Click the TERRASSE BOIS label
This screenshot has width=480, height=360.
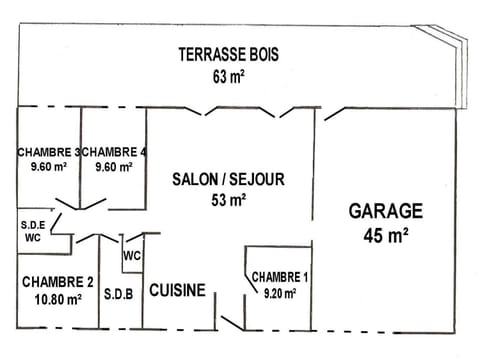pos(228,54)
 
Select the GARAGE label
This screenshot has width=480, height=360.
pos(385,211)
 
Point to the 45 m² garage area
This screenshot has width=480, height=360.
pos(385,236)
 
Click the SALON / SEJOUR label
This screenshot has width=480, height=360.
pos(228,179)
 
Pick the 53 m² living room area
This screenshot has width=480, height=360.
pos(228,200)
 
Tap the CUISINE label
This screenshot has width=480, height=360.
pos(177,291)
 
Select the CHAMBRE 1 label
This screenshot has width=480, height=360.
pos(280,276)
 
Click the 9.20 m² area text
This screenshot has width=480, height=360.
pos(280,293)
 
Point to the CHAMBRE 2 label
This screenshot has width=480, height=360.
pos(57,281)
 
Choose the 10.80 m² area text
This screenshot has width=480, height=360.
pos(57,298)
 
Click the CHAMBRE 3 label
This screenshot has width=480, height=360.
pos(48,152)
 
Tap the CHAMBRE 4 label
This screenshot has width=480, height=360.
pos(114,152)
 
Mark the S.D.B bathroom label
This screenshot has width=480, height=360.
pos(119,295)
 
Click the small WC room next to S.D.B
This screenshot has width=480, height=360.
pos(131,255)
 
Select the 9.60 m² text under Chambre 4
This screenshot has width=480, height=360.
pos(114,167)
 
